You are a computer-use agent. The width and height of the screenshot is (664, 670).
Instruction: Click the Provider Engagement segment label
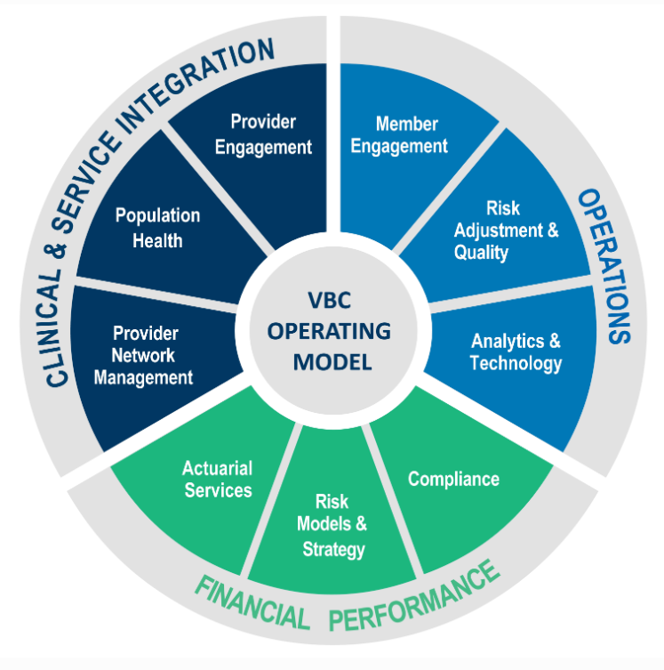click(263, 133)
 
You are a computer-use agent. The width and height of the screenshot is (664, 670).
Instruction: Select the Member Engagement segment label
click(399, 134)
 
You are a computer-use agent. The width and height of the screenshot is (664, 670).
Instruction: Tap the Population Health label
click(158, 228)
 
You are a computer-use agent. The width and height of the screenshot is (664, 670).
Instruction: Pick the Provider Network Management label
click(146, 355)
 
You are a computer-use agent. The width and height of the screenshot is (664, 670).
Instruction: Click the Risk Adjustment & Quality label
click(505, 230)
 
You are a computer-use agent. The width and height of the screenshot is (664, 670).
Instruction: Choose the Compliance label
click(453, 479)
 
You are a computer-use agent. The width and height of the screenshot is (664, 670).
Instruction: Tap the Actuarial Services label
click(218, 479)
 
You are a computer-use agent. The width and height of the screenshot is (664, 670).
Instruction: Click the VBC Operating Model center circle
click(330, 332)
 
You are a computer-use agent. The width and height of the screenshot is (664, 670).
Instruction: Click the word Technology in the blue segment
click(516, 363)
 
